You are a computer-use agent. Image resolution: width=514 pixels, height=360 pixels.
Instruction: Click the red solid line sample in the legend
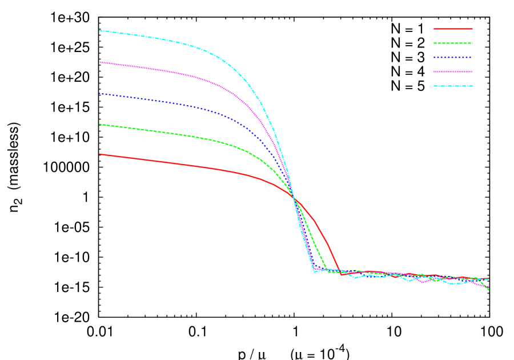click(453, 29)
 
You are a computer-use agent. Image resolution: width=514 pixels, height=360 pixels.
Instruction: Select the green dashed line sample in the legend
click(453, 43)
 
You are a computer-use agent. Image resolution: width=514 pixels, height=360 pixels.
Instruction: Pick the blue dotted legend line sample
click(453, 57)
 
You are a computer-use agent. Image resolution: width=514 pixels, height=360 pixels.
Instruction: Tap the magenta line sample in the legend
click(453, 71)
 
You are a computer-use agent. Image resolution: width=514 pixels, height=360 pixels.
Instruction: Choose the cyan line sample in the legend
click(453, 86)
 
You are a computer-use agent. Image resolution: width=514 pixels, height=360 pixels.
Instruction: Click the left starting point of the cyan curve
click(99, 30)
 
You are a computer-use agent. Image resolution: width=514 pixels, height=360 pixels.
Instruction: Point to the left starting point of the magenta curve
click(99, 62)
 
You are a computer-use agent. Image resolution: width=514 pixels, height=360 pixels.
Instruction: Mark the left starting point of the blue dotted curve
click(99, 93)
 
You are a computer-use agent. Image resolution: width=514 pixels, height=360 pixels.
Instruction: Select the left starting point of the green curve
click(99, 124)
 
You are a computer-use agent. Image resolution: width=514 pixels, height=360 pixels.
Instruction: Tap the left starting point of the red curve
click(99, 154)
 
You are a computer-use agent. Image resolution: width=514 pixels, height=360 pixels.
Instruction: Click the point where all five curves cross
click(294, 197)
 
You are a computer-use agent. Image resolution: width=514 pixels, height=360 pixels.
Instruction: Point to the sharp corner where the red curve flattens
click(341, 274)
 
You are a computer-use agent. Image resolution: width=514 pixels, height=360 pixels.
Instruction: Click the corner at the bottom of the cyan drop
click(314, 271)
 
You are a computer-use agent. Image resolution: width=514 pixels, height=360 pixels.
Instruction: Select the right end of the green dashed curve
click(489, 290)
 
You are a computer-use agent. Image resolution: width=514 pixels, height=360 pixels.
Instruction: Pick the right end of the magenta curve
click(489, 287)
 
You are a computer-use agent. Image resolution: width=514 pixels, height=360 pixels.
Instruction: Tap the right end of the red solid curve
click(489, 279)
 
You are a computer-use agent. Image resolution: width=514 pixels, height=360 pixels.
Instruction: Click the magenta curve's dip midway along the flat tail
click(424, 282)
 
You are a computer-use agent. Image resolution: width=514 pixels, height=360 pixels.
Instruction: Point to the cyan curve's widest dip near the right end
click(455, 283)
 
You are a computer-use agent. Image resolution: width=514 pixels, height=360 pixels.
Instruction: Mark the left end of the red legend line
click(434, 29)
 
